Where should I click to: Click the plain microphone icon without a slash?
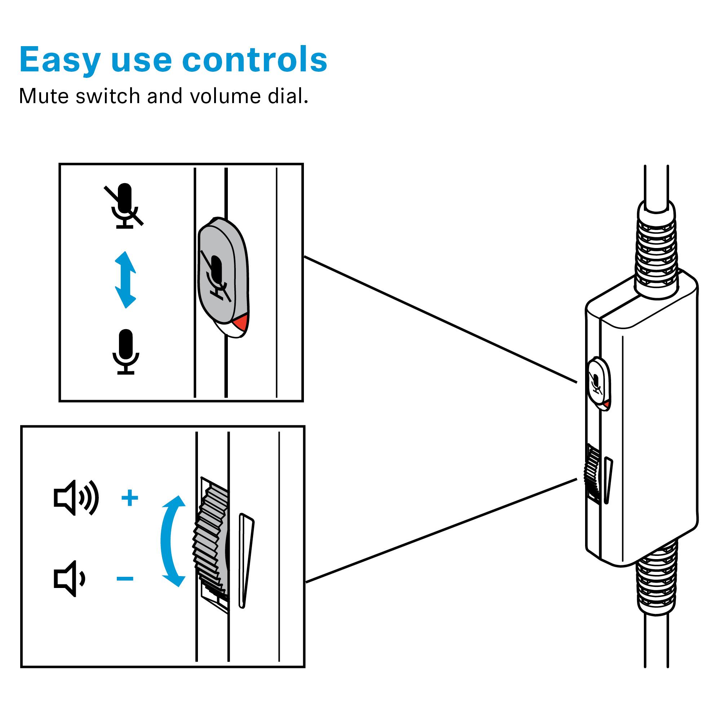126,351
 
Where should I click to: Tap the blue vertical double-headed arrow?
125,279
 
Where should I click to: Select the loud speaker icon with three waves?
76,498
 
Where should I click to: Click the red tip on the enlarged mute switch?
240,322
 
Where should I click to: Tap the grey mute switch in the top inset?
220,273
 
